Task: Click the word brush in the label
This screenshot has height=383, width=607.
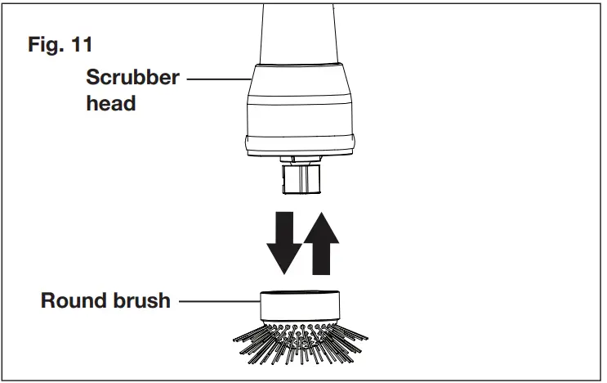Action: tap(141, 300)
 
